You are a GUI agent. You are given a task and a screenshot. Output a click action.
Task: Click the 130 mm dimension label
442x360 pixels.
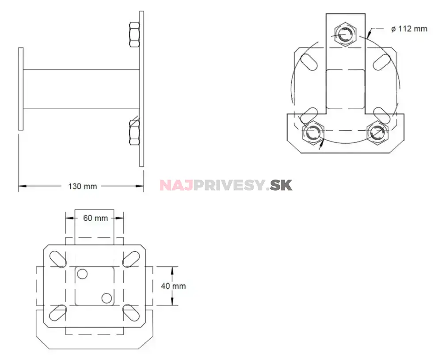click(82, 186)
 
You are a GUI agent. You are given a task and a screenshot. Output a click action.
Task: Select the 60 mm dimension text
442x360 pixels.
click(95, 218)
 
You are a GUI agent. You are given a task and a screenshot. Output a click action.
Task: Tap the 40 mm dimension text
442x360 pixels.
click(173, 286)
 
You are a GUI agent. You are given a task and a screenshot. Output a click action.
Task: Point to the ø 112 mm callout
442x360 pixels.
click(409, 29)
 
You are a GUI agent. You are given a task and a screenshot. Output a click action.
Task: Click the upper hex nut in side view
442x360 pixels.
click(134, 34)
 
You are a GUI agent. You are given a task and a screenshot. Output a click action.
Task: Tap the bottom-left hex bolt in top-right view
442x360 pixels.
click(313, 133)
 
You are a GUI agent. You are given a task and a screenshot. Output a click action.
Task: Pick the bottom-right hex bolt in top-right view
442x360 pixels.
click(378, 133)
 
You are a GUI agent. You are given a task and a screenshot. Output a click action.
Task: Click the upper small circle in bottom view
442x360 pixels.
click(82, 274)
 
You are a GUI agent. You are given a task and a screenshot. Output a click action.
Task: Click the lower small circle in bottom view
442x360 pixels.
click(106, 298)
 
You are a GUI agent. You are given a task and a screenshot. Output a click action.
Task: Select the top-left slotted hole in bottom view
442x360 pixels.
click(57, 258)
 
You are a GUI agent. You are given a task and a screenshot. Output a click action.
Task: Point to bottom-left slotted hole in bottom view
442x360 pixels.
click(57, 313)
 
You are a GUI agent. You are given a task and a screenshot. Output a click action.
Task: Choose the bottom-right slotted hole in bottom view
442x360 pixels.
click(130, 313)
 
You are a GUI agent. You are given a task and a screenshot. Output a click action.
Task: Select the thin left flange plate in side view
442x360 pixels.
click(21, 89)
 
